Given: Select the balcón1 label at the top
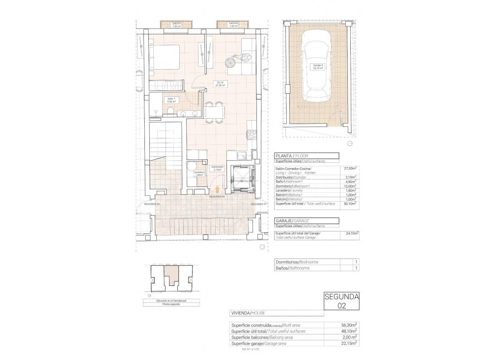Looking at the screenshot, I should coord(176,25).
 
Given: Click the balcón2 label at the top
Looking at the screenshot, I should coord(233,25).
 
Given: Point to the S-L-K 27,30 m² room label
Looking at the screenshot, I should coord(219,84).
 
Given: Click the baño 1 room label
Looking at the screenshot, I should coord(170,100).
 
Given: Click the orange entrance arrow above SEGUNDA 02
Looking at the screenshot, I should coord(217,189).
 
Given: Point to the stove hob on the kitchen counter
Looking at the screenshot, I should coord(252,134).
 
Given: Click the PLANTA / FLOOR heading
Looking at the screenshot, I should coord(294,155).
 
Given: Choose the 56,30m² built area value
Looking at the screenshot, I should coord(349,324).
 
